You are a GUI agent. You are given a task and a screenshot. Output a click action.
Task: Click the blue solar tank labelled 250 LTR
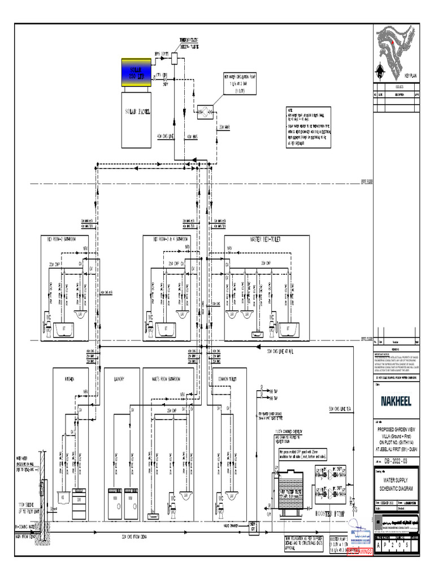pyautogui.click(x=136, y=73)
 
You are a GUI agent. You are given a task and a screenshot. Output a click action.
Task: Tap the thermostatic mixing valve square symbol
pyautogui.click(x=175, y=59)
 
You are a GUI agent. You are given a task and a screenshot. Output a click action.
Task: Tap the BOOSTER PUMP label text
pyautogui.click(x=331, y=514)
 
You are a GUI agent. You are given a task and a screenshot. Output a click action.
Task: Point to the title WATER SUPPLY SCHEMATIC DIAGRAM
pyautogui.click(x=396, y=483)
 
